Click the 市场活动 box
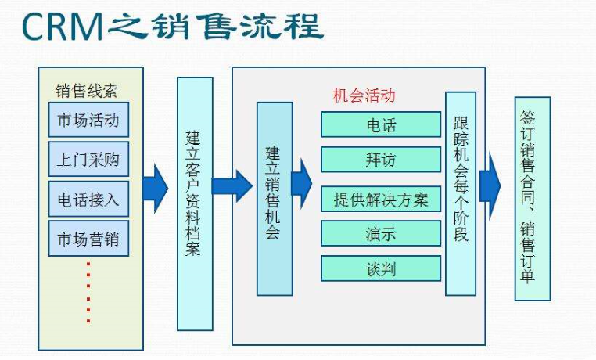(88, 121)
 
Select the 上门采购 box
(88, 160)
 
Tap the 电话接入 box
(88, 199)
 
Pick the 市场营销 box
(88, 238)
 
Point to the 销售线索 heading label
(86, 89)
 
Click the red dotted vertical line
(88, 291)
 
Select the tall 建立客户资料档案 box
(195, 203)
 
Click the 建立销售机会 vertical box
(274, 198)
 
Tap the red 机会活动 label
(364, 95)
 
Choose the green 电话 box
(381, 124)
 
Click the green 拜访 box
(381, 159)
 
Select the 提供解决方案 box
(381, 199)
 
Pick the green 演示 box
(381, 233)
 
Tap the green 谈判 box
(381, 268)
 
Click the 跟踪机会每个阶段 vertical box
(461, 193)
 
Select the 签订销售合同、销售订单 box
(532, 198)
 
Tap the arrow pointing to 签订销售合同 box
(490, 185)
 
